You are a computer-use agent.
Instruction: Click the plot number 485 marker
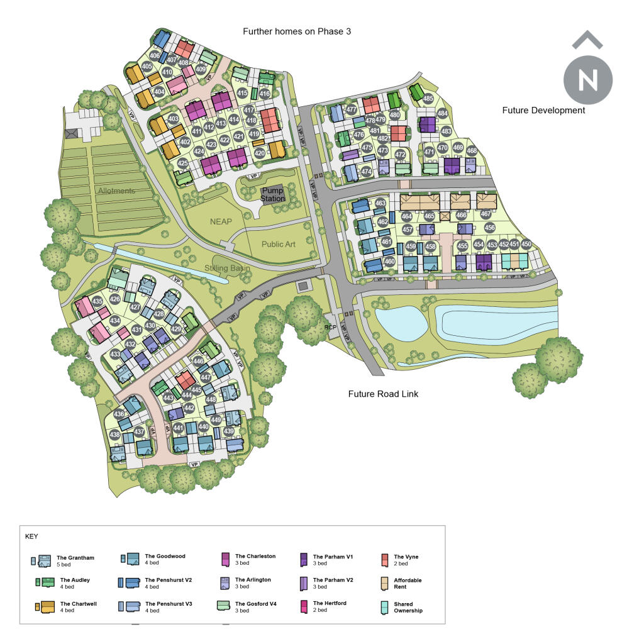coord(428,99)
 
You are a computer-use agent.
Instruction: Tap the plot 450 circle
coord(526,244)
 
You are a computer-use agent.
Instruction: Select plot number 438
coord(114,435)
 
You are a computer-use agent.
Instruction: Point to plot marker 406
coord(155,56)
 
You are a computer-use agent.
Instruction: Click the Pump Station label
coord(273,194)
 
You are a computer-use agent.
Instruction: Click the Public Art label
coord(278,244)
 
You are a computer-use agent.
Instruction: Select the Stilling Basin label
coord(226,269)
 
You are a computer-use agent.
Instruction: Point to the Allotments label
coord(116,191)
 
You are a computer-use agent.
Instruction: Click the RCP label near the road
coord(331,326)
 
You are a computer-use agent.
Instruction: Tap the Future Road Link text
coord(383,394)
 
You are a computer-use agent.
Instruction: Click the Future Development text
coord(543,110)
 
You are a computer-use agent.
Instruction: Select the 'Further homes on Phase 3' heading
coord(297,31)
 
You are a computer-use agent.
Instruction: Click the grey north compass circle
coord(588,80)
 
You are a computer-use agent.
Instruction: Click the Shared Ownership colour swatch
coord(385,607)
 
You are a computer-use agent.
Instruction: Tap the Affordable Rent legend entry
coord(407,583)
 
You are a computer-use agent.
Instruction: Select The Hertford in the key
coord(329,606)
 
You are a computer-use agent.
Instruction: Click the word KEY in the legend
coord(31,536)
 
